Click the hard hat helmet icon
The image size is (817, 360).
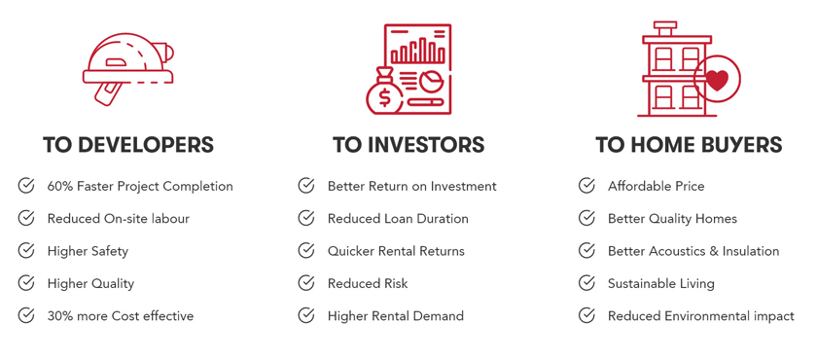(x=127, y=69)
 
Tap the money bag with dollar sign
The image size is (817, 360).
(x=384, y=91)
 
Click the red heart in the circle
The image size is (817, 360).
(x=717, y=80)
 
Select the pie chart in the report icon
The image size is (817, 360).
(x=432, y=82)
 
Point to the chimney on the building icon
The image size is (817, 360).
(x=665, y=28)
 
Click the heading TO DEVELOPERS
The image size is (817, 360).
(x=128, y=144)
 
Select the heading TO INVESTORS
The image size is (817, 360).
(x=408, y=144)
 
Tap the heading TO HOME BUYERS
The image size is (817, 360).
(x=689, y=144)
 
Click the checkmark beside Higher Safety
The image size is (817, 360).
(x=26, y=251)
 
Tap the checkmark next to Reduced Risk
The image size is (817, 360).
(x=306, y=283)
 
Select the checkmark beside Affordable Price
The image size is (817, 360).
(x=586, y=186)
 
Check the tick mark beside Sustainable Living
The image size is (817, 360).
(x=586, y=283)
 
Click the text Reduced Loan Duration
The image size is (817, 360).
(x=398, y=219)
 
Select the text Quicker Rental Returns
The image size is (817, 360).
(x=396, y=251)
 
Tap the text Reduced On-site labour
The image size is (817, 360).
(x=119, y=219)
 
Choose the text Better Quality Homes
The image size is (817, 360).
(x=673, y=219)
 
